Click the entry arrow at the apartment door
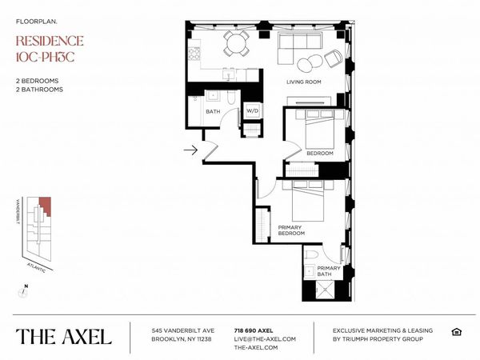190,149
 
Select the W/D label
251,111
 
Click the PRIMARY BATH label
328,270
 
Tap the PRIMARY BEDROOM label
290,231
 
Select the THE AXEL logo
63,336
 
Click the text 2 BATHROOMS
40,89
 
